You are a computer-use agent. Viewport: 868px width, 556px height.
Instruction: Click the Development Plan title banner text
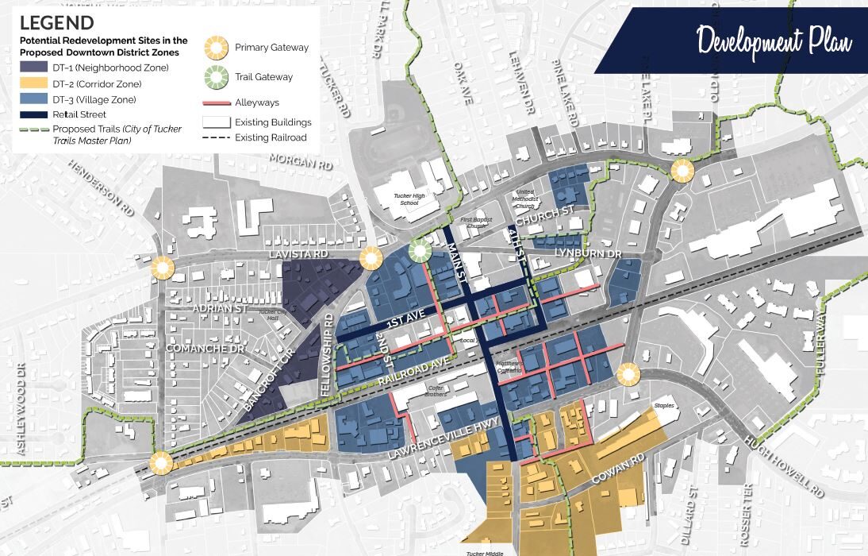(774, 40)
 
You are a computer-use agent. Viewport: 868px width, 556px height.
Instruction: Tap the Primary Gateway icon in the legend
(216, 48)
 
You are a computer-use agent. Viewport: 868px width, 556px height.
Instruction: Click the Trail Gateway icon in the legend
(216, 78)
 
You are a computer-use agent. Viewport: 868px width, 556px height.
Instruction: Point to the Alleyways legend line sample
(216, 103)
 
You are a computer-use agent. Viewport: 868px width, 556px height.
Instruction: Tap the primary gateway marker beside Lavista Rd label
(371, 257)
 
